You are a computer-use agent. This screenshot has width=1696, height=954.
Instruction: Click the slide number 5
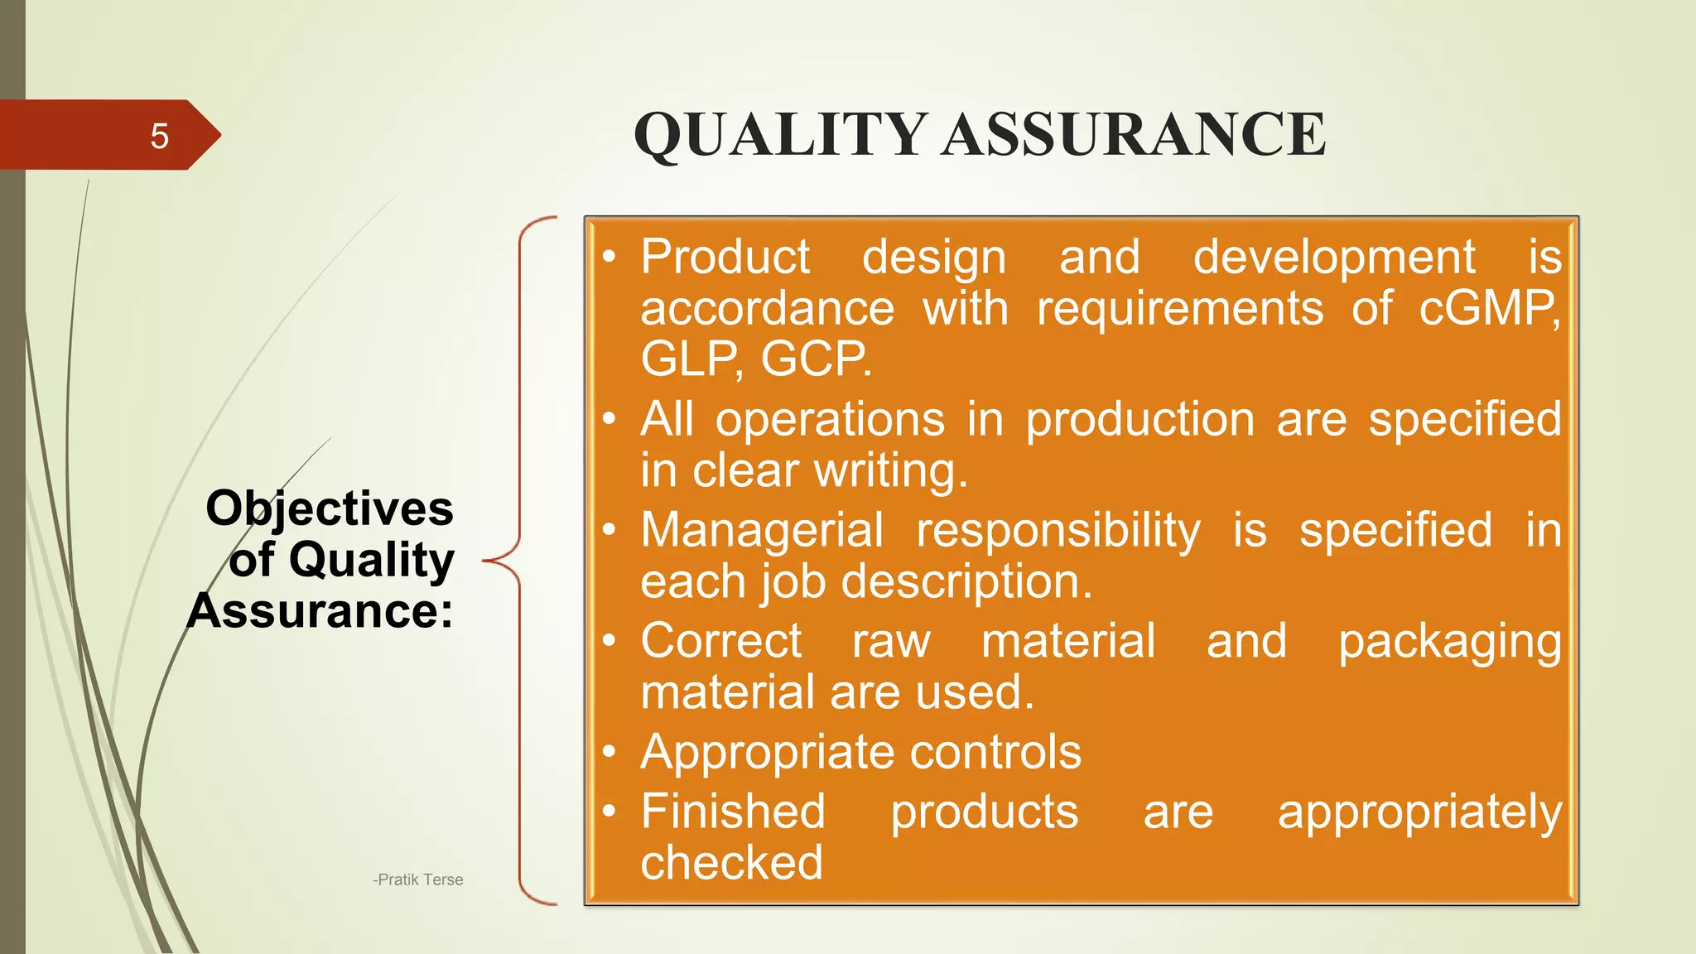[x=159, y=136]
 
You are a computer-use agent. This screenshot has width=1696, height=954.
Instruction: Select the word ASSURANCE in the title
[x=1134, y=134]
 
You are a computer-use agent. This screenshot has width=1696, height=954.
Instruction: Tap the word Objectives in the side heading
[x=329, y=508]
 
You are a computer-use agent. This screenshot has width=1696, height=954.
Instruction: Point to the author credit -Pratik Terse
[x=418, y=879]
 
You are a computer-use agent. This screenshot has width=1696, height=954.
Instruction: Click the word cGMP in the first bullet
[x=1489, y=309]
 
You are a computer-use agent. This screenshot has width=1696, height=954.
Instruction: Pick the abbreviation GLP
[x=690, y=360]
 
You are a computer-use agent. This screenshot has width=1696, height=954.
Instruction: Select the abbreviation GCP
[x=815, y=360]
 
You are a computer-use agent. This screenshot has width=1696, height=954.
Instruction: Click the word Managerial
[x=762, y=530]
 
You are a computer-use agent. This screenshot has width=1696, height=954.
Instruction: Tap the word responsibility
[x=1058, y=532]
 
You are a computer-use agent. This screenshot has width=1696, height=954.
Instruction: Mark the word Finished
[x=733, y=811]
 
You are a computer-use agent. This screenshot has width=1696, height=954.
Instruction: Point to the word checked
[x=731, y=863]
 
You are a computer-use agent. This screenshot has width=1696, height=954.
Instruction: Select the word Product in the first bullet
[x=725, y=257]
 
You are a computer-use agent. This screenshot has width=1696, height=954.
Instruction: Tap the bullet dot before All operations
[x=609, y=419]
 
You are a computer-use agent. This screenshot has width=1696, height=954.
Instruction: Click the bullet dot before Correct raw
[x=609, y=641]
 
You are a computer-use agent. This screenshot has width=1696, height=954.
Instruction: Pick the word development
[x=1333, y=258]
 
